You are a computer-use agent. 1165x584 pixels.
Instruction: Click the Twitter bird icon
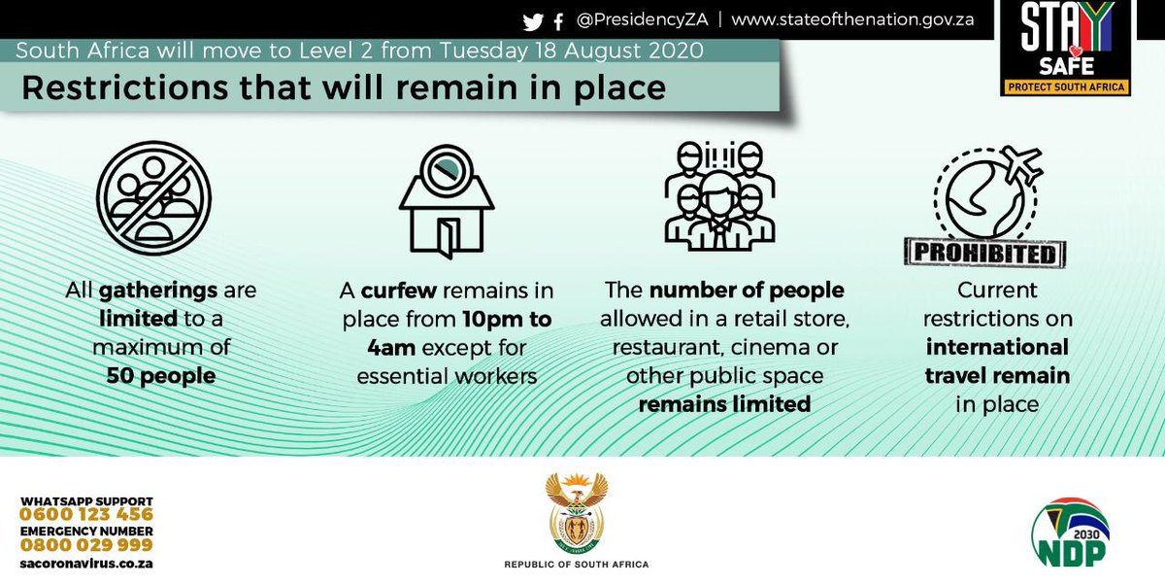pos(532,20)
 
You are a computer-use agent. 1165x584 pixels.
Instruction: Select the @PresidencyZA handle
pos(642,20)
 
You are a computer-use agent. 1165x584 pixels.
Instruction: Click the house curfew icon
pos(447,204)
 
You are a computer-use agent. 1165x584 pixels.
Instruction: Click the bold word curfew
pos(400,291)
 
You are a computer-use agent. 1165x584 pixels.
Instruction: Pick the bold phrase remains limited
pos(723,403)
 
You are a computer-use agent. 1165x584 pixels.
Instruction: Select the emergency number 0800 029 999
pos(86,546)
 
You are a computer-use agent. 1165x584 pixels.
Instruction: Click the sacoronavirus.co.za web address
pos(86,564)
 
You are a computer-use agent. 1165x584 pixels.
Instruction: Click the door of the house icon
pos(446,236)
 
